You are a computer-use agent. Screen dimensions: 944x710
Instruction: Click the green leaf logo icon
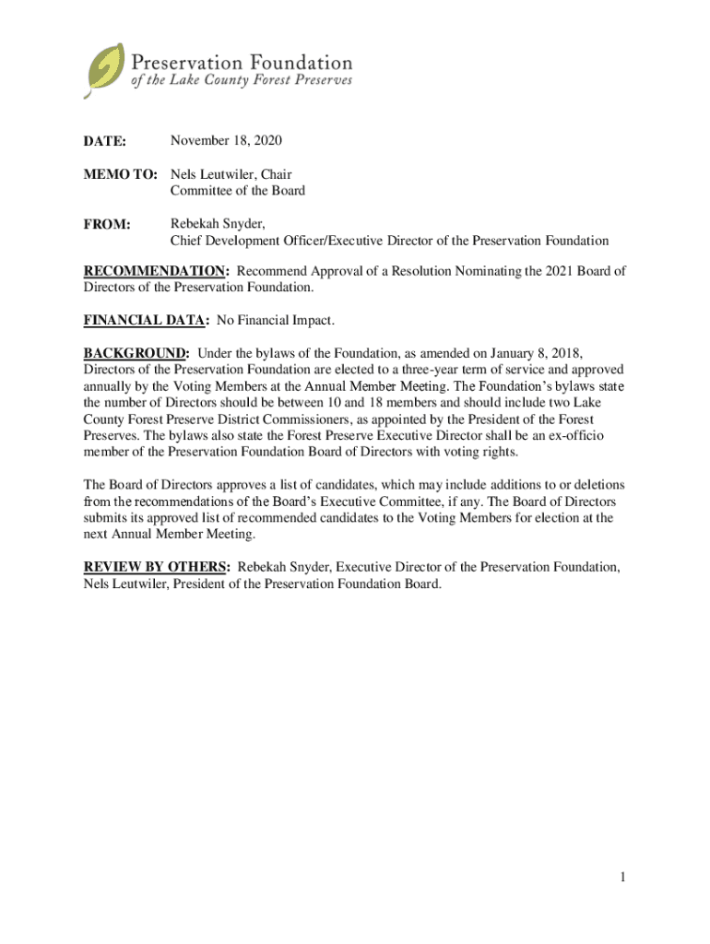104,70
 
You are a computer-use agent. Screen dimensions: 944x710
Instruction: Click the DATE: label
105,141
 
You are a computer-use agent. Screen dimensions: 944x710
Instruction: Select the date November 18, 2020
226,140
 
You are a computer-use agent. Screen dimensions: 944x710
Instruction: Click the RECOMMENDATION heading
154,271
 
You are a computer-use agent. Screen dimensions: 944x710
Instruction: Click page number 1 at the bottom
623,877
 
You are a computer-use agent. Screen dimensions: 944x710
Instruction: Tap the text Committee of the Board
237,191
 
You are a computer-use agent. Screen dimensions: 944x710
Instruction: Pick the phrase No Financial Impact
275,321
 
